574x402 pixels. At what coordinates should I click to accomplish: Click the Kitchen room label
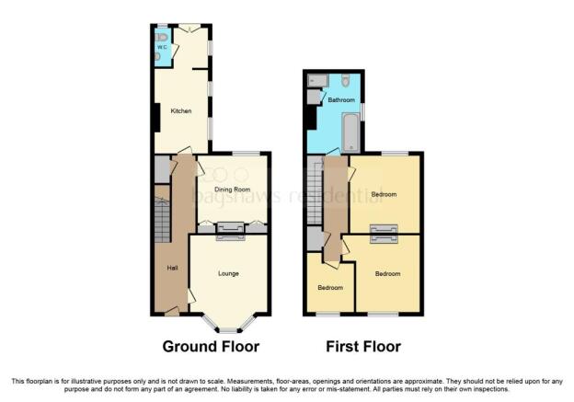point(181,110)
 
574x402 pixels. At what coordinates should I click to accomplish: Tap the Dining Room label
point(232,190)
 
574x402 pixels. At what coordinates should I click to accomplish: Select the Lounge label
point(228,273)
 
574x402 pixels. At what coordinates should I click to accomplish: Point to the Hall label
point(172,268)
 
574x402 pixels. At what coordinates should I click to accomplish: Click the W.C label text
point(162,47)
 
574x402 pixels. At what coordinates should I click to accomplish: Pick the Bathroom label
point(341,99)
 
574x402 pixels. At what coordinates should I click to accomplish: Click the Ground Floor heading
point(211,347)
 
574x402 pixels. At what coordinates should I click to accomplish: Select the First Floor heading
point(363,347)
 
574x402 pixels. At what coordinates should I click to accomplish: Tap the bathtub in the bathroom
point(350,132)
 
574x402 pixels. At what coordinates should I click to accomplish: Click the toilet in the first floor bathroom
point(345,80)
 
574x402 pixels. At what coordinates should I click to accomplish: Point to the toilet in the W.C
point(161,37)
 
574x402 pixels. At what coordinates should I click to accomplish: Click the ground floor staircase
point(162,220)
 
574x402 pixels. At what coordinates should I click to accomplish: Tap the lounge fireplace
point(230,237)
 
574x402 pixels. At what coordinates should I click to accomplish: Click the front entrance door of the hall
point(172,311)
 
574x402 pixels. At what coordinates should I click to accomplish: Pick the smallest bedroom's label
point(330,288)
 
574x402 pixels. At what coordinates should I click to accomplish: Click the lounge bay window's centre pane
point(228,330)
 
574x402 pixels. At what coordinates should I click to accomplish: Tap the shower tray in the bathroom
point(317,80)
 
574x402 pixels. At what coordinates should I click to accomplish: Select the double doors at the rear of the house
point(189,28)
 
